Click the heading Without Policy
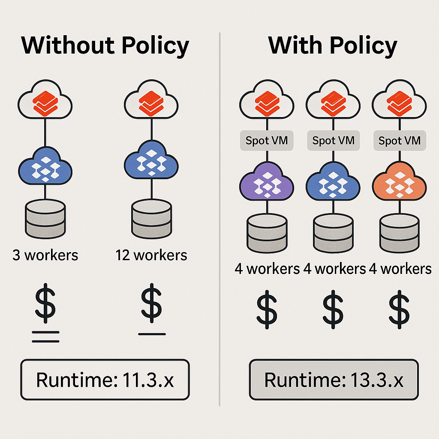pos(105,45)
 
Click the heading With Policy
pos(333,45)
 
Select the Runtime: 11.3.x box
pos(105,380)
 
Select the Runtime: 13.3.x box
pos(334,380)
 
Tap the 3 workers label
pos(45,256)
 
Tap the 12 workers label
pos(151,256)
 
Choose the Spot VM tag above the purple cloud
pos(267,141)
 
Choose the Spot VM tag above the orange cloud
pos(400,141)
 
